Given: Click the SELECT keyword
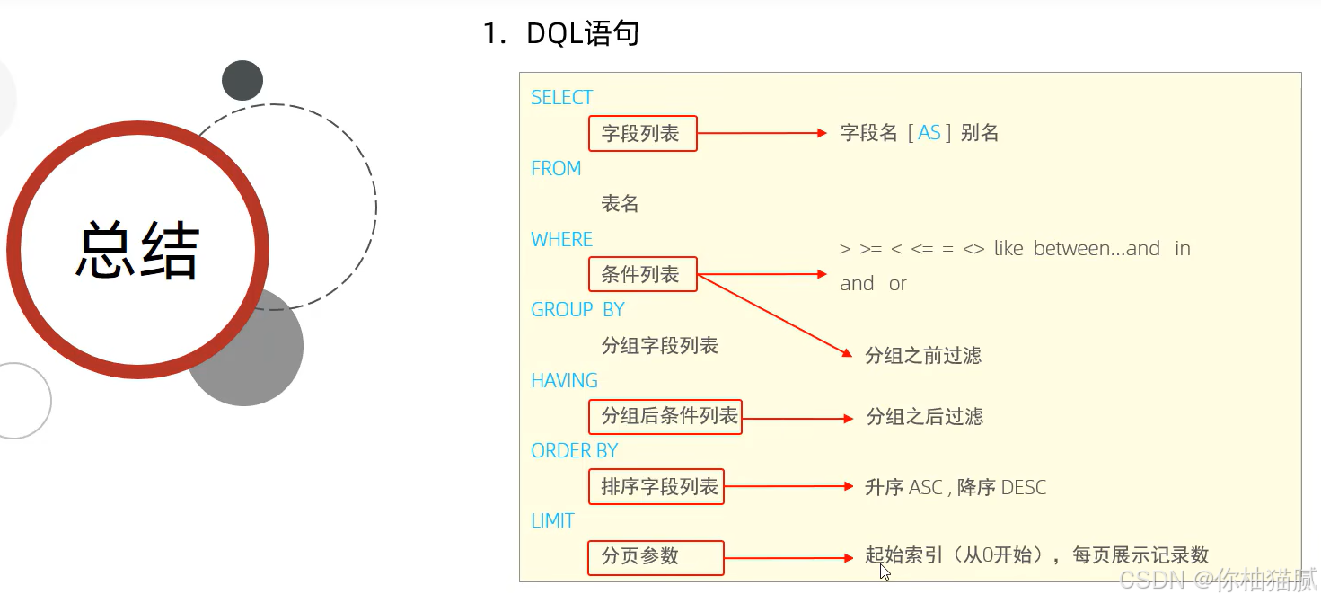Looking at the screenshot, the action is (x=562, y=98).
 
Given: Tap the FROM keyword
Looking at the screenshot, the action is (x=556, y=169).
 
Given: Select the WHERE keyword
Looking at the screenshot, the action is (x=562, y=240).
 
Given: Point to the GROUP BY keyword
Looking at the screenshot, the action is (x=577, y=310).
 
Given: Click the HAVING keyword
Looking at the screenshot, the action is (x=564, y=381).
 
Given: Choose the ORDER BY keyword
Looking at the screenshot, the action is (x=575, y=451).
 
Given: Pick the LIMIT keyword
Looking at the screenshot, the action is (x=552, y=521).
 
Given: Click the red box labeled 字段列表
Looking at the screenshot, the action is (x=643, y=134).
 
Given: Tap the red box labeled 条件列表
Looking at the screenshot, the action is (x=643, y=275).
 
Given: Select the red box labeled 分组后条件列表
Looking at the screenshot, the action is (x=665, y=416).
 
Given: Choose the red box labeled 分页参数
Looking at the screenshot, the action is (x=656, y=557).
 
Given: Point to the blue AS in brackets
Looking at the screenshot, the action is (x=929, y=134).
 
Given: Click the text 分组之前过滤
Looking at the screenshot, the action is (x=923, y=356).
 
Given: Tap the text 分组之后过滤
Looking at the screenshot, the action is (x=924, y=417).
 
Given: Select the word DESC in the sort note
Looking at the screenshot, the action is (x=1024, y=488).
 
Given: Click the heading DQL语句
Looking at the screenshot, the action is (x=583, y=34).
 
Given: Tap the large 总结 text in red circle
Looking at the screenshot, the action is (x=137, y=251).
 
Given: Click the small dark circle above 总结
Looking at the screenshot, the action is (x=242, y=81).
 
